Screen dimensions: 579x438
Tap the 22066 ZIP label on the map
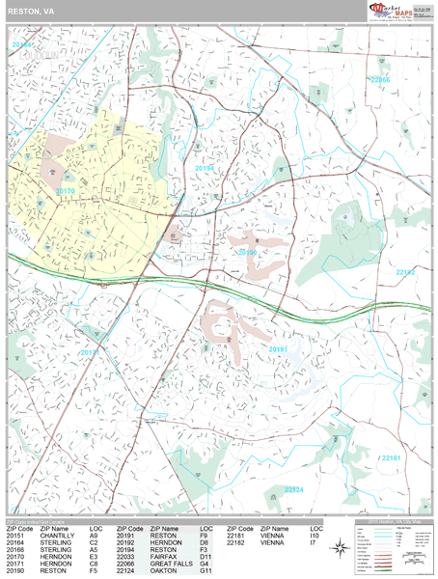tap(380, 80)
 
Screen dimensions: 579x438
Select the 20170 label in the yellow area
tap(65, 191)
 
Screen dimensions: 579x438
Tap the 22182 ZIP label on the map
tap(406, 273)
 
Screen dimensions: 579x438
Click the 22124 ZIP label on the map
tap(295, 490)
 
